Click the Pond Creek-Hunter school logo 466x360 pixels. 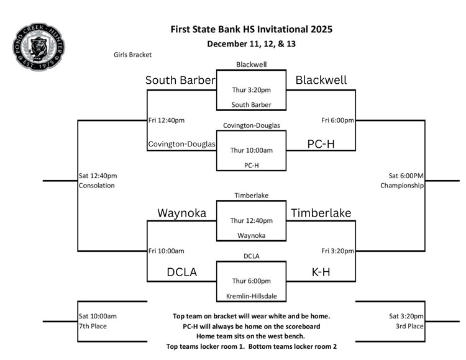(39, 47)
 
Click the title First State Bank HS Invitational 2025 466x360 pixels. (251, 29)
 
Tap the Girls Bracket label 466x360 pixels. (132, 55)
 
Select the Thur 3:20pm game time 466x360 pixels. (251, 90)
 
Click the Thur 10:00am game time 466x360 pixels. (251, 150)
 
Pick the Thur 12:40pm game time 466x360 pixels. (251, 220)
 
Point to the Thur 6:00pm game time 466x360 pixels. (251, 281)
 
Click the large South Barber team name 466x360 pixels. (180, 80)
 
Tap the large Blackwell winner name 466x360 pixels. (321, 80)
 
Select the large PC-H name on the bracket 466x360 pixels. (321, 143)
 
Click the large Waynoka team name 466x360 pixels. (181, 213)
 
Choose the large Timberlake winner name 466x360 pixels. (321, 213)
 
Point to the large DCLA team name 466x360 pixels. (181, 272)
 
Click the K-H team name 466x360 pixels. (321, 272)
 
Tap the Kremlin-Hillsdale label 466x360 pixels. (251, 295)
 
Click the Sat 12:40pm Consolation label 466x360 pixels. (97, 180)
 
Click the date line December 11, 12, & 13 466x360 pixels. (251, 43)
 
